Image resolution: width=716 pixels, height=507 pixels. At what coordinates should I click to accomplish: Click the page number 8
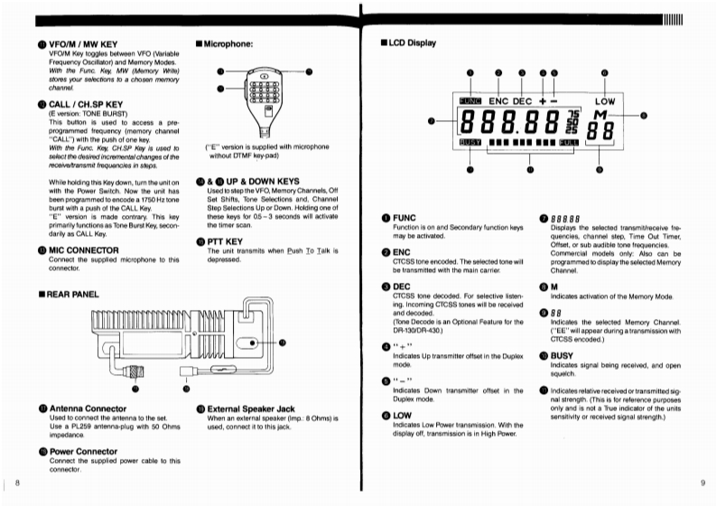pyautogui.click(x=17, y=486)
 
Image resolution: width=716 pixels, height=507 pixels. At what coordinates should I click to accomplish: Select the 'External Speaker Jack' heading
pyautogui.click(x=251, y=408)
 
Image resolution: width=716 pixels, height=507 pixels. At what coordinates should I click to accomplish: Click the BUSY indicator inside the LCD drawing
pyautogui.click(x=470, y=142)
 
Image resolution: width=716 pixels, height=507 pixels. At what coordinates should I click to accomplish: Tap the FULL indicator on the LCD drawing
pyautogui.click(x=567, y=142)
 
